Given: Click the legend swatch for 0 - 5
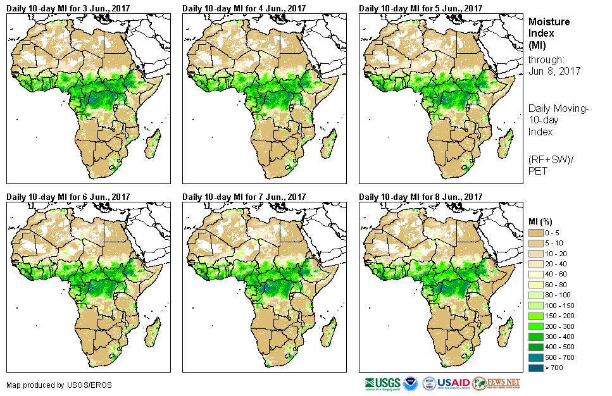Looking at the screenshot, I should pyautogui.click(x=536, y=233).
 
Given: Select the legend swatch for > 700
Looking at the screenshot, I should pyautogui.click(x=536, y=368).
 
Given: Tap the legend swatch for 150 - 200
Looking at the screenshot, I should pyautogui.click(x=536, y=316).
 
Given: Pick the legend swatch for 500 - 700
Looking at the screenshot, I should pyautogui.click(x=536, y=357).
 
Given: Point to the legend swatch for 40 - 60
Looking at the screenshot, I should pyautogui.click(x=536, y=275).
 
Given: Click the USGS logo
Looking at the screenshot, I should pyautogui.click(x=382, y=383).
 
